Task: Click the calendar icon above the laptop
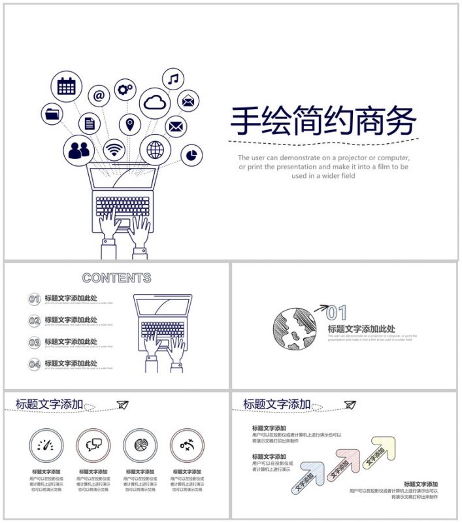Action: click(x=66, y=86)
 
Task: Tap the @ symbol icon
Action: click(x=99, y=95)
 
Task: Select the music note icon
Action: click(x=173, y=79)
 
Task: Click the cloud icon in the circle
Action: click(x=155, y=102)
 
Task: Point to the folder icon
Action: click(x=52, y=114)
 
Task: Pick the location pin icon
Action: click(x=129, y=124)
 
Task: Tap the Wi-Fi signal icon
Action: click(x=114, y=149)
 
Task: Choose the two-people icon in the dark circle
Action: click(x=79, y=150)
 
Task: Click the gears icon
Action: click(x=125, y=90)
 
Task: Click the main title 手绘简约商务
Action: click(x=323, y=121)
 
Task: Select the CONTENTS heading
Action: click(x=116, y=278)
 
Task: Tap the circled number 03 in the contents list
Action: click(x=35, y=343)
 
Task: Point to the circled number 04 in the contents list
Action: click(x=35, y=364)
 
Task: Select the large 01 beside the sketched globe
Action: click(x=337, y=312)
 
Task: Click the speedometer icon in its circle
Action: click(x=46, y=446)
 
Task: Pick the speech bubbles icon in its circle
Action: click(x=93, y=446)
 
